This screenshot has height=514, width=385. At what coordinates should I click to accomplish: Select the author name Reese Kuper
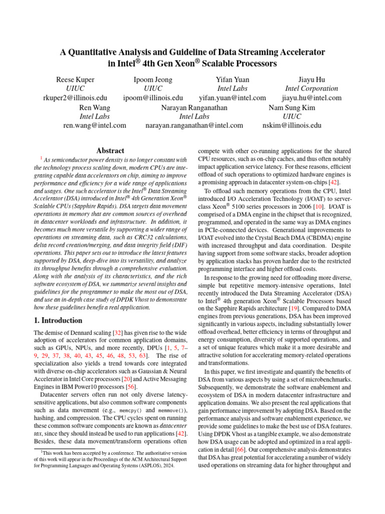coord(75,79)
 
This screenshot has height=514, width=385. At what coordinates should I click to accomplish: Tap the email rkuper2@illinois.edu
coord(75,98)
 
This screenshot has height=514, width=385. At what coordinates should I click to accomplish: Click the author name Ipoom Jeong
coord(153,79)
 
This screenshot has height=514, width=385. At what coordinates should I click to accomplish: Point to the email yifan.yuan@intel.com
coord(232,98)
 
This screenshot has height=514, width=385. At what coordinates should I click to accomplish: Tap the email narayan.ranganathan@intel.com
coord(194,125)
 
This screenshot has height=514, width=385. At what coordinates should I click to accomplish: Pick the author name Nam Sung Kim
coord(292,107)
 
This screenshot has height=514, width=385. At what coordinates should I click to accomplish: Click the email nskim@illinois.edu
coord(292,125)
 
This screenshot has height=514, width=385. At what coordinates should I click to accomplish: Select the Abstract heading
coord(110,151)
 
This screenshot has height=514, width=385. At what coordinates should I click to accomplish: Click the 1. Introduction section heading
coord(58,320)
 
